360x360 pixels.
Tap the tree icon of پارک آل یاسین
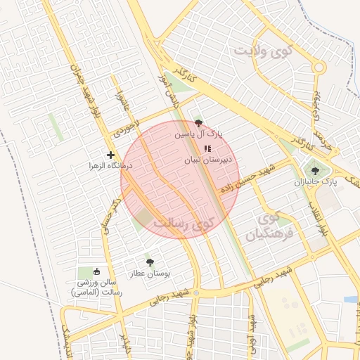pyautogui.click(x=198, y=122)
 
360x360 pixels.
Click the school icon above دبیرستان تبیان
pyautogui.click(x=207, y=148)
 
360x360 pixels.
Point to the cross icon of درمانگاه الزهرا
pyautogui.click(x=110, y=155)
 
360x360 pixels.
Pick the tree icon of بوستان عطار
pyautogui.click(x=149, y=262)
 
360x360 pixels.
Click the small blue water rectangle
pyautogui.click(x=350, y=300)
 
